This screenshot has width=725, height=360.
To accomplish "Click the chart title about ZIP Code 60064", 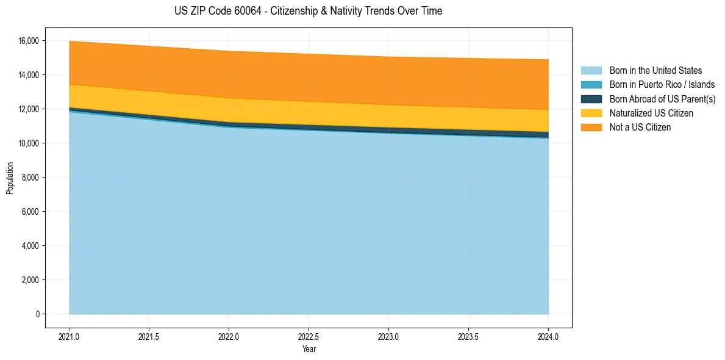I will tap(308, 11).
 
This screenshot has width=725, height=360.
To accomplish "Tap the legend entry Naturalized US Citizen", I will tap(651, 113).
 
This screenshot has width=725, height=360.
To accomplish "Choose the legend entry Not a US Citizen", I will tap(640, 128).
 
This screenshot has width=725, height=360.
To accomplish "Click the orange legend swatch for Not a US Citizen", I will tap(591, 128).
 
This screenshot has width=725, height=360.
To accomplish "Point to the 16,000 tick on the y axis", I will tap(29, 41).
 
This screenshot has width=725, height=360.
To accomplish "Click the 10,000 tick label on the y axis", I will tap(29, 143).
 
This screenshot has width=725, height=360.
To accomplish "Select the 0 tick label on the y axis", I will tap(37, 314).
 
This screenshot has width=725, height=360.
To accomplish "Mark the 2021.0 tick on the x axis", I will tap(70, 336).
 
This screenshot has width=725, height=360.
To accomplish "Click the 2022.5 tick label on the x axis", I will tap(309, 336).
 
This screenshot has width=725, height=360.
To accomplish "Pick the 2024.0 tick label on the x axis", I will tap(548, 336).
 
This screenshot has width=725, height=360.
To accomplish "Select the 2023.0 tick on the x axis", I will tap(388, 336).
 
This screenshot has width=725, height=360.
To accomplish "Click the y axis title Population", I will tap(10, 178).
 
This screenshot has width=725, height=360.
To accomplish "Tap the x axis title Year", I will tap(309, 349).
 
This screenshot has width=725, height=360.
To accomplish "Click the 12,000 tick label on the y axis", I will tap(29, 109).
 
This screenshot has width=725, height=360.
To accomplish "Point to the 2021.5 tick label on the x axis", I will tap(149, 336).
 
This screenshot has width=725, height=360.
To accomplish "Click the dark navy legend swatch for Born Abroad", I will tap(591, 99).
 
